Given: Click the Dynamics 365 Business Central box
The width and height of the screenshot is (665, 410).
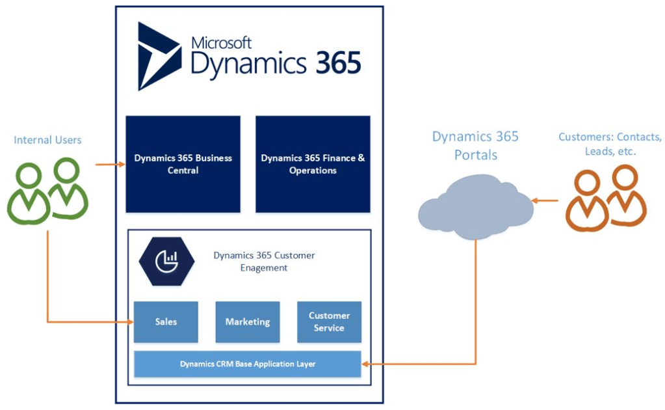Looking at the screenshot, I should tap(183, 164).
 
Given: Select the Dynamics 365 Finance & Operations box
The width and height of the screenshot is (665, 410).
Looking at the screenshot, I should tap(313, 164).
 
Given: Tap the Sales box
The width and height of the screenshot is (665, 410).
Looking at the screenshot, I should tap(166, 321).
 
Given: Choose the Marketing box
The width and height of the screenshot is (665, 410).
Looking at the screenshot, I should tap(247, 321).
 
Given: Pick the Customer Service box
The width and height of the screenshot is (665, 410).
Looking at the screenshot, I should tap(329, 321).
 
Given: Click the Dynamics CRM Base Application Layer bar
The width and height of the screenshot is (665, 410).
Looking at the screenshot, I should tap(247, 364).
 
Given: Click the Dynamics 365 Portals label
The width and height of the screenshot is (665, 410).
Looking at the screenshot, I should tap(475, 146).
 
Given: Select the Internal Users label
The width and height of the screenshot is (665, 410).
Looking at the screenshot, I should tap(47, 140).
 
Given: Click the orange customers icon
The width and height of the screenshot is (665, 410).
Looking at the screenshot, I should tap(605, 198).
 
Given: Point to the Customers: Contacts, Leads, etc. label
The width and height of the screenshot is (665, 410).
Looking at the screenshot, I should tap(610, 144).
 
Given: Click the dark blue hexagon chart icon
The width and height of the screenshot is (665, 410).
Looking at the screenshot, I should tap(166, 262).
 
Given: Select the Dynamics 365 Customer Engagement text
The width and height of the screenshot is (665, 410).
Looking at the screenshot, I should tap(264, 262).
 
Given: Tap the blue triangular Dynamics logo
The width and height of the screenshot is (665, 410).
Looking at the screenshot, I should tap(159, 56).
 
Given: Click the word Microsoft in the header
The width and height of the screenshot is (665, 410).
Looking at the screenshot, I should tap(221, 43).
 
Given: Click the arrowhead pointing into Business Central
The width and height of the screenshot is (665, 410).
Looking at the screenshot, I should tap(122, 165).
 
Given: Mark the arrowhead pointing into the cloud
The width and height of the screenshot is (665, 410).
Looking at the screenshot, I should tap(536, 200).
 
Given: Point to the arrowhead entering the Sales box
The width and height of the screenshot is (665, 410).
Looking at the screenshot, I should tap(130, 322).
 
